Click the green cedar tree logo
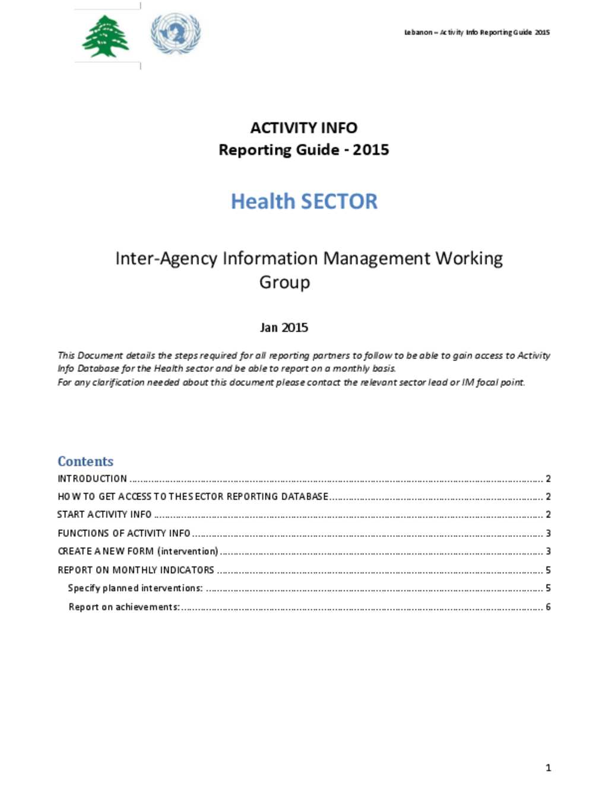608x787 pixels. [105, 36]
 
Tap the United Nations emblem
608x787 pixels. [176, 33]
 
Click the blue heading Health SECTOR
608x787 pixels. [304, 201]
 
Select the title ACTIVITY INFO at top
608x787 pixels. [303, 128]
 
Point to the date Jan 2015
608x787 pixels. [284, 327]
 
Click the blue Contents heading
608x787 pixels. [85, 462]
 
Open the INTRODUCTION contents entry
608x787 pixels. [93, 479]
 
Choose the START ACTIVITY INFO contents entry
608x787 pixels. [104, 514]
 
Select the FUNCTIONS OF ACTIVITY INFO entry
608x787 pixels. [124, 533]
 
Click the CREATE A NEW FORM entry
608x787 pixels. [138, 551]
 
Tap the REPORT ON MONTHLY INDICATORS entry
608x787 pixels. [136, 570]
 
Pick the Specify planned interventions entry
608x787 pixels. [135, 588]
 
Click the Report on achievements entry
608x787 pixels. [124, 607]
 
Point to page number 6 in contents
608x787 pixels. [548, 607]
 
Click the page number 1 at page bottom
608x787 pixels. [548, 768]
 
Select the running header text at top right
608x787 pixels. [477, 32]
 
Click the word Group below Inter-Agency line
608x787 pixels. [284, 282]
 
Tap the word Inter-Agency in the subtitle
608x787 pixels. [166, 258]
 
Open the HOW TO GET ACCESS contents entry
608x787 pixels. [193, 497]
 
